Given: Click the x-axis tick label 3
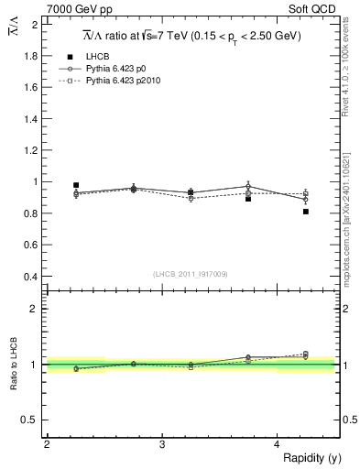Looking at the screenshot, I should [x=162, y=444].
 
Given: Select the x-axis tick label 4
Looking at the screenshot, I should [x=278, y=444].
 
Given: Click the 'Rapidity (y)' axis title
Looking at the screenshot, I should [x=309, y=457].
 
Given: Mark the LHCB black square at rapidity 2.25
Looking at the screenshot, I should [x=76, y=185].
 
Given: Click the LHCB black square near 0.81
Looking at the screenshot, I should [x=305, y=212].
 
